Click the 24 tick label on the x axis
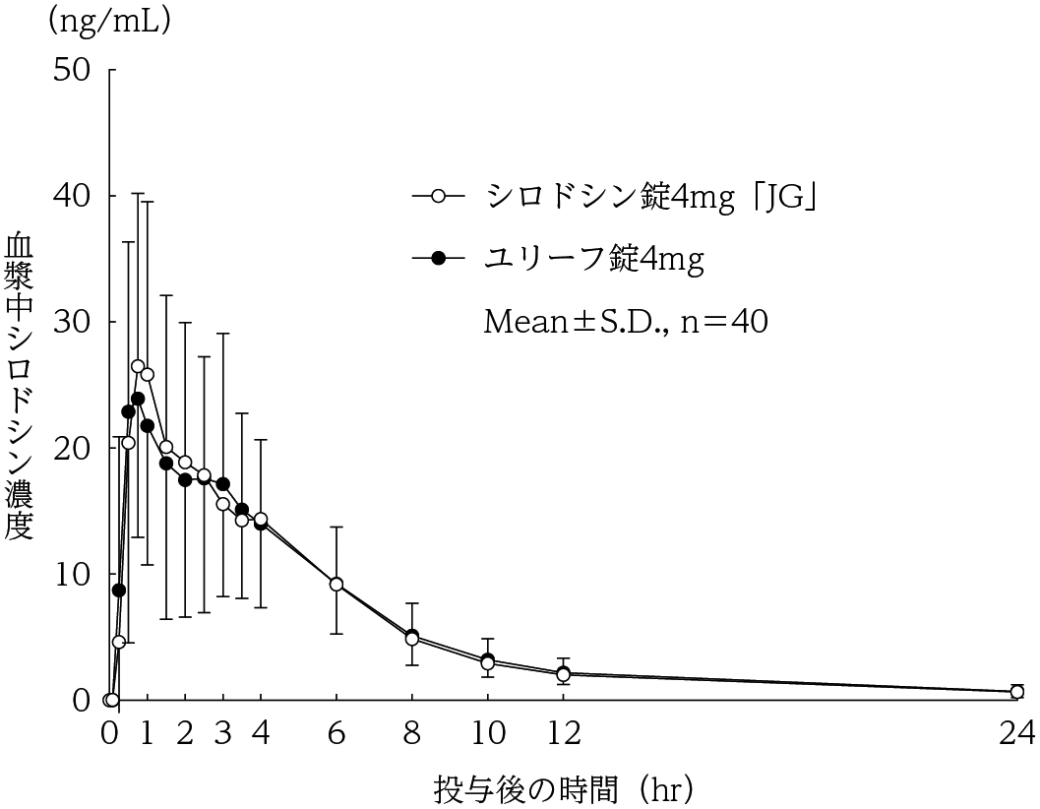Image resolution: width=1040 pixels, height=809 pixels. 1016,732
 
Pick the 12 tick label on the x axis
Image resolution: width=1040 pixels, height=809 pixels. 563,732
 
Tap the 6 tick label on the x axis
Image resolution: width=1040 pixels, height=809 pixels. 336,732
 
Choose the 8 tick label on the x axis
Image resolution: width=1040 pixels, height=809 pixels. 411,732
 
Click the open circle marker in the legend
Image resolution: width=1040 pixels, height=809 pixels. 439,197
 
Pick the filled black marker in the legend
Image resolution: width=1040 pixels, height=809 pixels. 439,258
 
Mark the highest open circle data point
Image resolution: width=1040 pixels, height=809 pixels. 138,366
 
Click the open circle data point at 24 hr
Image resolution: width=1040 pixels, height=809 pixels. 1016,692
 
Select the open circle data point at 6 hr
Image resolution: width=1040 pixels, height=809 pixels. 336,584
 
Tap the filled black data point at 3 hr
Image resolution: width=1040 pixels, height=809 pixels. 223,484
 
